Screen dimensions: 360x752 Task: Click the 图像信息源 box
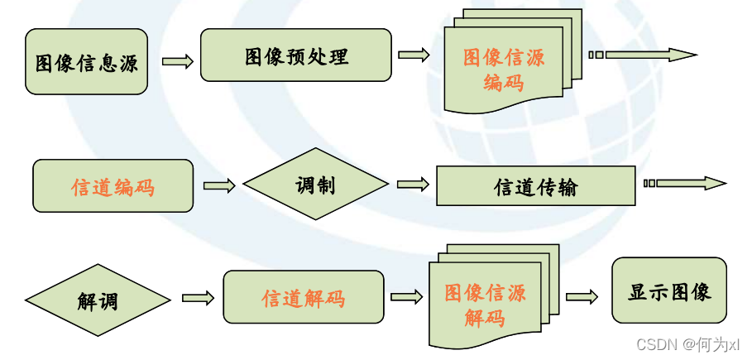pos(86,62)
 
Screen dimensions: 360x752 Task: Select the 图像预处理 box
pos(295,55)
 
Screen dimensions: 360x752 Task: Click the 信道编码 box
pos(113,186)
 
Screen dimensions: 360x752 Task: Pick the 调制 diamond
pos(315,185)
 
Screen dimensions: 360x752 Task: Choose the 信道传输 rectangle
pos(535,186)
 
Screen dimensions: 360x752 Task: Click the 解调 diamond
pos(98,300)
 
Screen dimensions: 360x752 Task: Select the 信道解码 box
pos(303,297)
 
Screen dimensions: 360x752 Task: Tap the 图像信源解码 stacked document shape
pos(485,304)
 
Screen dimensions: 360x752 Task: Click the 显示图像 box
pos(669,290)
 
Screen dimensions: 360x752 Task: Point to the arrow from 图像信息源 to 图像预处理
pos(177,61)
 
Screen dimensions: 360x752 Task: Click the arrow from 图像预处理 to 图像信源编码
pos(414,55)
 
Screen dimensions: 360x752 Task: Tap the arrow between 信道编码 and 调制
pos(219,186)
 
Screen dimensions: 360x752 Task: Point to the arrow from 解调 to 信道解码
pos(198,297)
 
